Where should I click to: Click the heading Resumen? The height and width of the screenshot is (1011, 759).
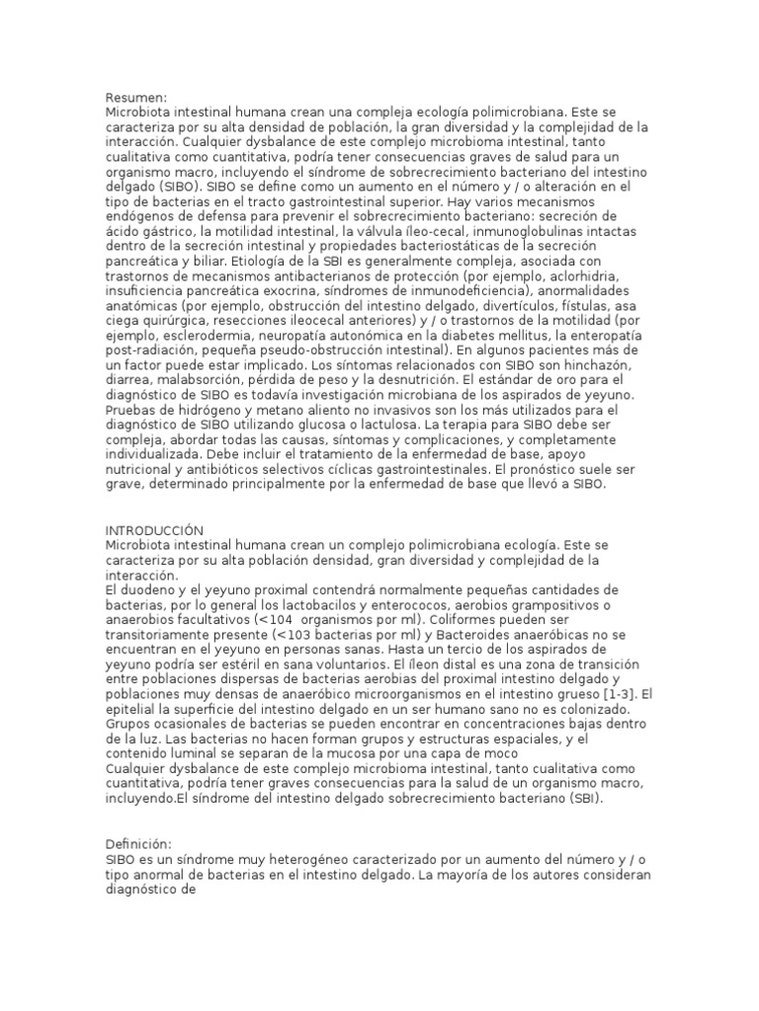click(x=136, y=97)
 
